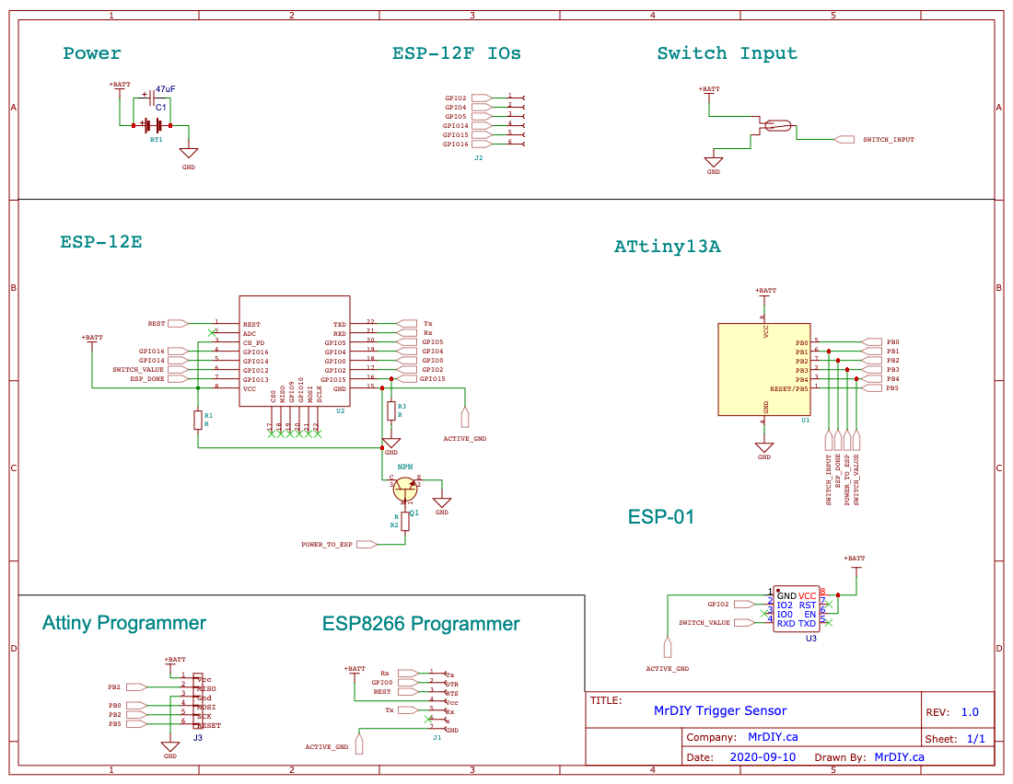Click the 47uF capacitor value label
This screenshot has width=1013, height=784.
[x=165, y=88]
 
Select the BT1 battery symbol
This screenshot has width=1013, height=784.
[x=153, y=125]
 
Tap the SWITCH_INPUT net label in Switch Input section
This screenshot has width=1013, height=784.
[x=888, y=140]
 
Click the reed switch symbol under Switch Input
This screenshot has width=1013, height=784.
[x=777, y=126]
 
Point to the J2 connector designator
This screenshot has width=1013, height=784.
[x=478, y=158]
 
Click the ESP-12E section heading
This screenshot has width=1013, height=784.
[x=101, y=243]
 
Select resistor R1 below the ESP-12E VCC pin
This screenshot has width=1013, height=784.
[x=197, y=420]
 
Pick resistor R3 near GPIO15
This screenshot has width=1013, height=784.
[x=390, y=410]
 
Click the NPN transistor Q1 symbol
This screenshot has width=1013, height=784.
[x=405, y=488]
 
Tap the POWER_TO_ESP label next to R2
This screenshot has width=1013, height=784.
[x=327, y=545]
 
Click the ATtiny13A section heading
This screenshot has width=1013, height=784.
[x=667, y=248]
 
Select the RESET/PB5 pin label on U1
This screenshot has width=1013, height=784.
[x=788, y=388]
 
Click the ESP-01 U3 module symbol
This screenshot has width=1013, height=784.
[x=797, y=609]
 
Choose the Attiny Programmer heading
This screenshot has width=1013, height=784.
[x=124, y=623]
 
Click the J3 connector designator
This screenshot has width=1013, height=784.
[x=198, y=738]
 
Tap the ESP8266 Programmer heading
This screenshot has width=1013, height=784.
[x=421, y=624]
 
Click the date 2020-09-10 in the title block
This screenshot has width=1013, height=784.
[x=763, y=757]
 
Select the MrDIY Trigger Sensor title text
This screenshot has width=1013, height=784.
[x=720, y=710]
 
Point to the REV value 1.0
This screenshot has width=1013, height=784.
[x=970, y=712]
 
